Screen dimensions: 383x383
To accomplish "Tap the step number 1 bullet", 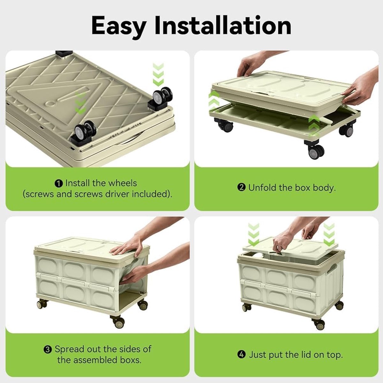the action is [59, 183].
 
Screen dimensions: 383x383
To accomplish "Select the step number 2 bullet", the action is [241, 188].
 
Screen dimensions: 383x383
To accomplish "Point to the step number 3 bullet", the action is [48, 349].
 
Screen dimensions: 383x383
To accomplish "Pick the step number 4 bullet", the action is [242, 355].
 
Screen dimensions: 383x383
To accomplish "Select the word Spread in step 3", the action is [69, 349].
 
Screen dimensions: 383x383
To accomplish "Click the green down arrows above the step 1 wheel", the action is [158, 75].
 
